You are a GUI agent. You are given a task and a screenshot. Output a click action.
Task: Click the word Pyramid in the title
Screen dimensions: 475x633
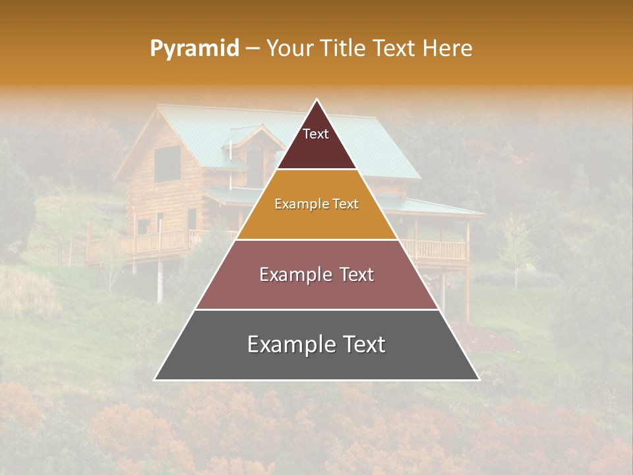pyautogui.click(x=194, y=49)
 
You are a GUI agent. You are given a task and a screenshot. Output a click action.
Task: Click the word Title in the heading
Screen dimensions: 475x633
pyautogui.click(x=346, y=49)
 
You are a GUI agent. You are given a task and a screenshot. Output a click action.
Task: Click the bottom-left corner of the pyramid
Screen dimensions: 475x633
pyautogui.click(x=156, y=379)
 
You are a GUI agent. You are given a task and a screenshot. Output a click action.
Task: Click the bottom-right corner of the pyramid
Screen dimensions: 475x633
pyautogui.click(x=478, y=379)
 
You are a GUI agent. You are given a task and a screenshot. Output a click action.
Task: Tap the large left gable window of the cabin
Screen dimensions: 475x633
pyautogui.click(x=167, y=164)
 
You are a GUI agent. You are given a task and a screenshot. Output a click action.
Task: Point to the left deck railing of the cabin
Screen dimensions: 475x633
pyautogui.click(x=145, y=243)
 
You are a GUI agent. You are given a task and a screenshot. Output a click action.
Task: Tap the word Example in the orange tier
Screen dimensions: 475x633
pyautogui.click(x=295, y=205)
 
